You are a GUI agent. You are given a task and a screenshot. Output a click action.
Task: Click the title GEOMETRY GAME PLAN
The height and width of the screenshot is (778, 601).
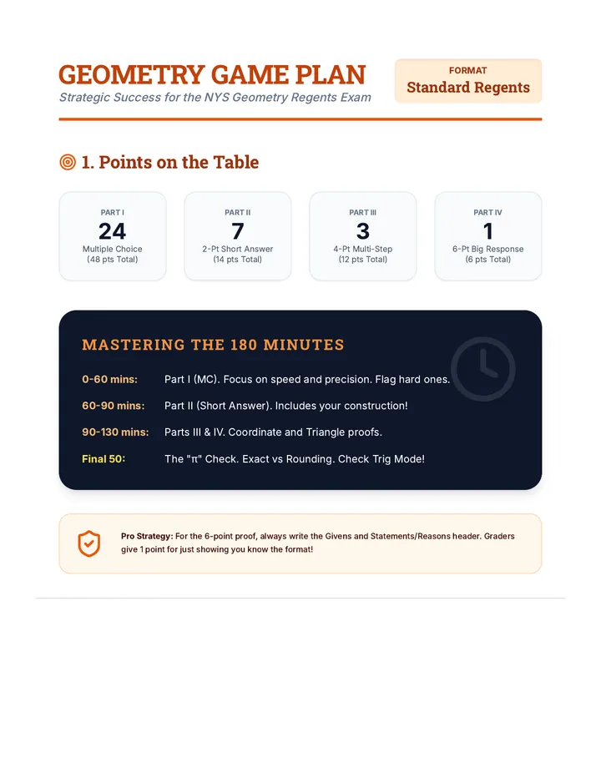point(212,75)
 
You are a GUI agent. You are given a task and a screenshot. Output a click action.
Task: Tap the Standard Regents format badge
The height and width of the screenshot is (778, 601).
point(468,81)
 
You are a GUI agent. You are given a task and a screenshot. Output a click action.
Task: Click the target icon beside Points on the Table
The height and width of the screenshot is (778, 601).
point(68,162)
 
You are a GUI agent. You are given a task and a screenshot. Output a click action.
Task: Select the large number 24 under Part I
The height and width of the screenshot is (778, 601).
point(112,231)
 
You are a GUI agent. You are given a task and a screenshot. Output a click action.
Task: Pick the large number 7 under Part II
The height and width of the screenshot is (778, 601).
point(238,231)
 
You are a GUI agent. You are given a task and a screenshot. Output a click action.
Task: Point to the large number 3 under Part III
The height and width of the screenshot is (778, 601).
point(363,231)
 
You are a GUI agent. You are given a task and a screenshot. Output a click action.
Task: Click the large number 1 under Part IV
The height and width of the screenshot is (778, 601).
point(488,231)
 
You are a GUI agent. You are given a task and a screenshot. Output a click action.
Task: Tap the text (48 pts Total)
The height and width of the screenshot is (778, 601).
point(113,260)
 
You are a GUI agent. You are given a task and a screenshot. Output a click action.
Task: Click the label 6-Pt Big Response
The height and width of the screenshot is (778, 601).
point(487,249)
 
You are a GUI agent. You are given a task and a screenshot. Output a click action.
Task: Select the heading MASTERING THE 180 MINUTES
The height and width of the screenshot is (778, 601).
point(213,345)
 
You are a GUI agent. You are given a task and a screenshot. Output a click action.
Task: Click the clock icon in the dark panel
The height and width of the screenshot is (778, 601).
point(482,369)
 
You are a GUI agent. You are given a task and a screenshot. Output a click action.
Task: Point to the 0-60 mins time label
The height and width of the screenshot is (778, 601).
point(109,380)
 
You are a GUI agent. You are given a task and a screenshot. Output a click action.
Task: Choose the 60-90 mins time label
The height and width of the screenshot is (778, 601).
point(114,406)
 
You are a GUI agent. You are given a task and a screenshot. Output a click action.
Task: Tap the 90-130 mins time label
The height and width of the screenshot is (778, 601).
point(115,432)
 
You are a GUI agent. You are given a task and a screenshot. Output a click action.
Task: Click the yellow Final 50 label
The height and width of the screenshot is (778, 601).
point(104,459)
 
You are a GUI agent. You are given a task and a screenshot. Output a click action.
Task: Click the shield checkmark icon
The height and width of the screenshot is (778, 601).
point(89,543)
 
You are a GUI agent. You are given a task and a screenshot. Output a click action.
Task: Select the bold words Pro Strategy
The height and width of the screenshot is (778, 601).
point(147,537)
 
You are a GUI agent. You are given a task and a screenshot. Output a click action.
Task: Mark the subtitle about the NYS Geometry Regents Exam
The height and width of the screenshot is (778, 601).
point(215,97)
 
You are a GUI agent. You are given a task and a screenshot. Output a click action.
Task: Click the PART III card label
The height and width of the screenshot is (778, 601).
point(363,212)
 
